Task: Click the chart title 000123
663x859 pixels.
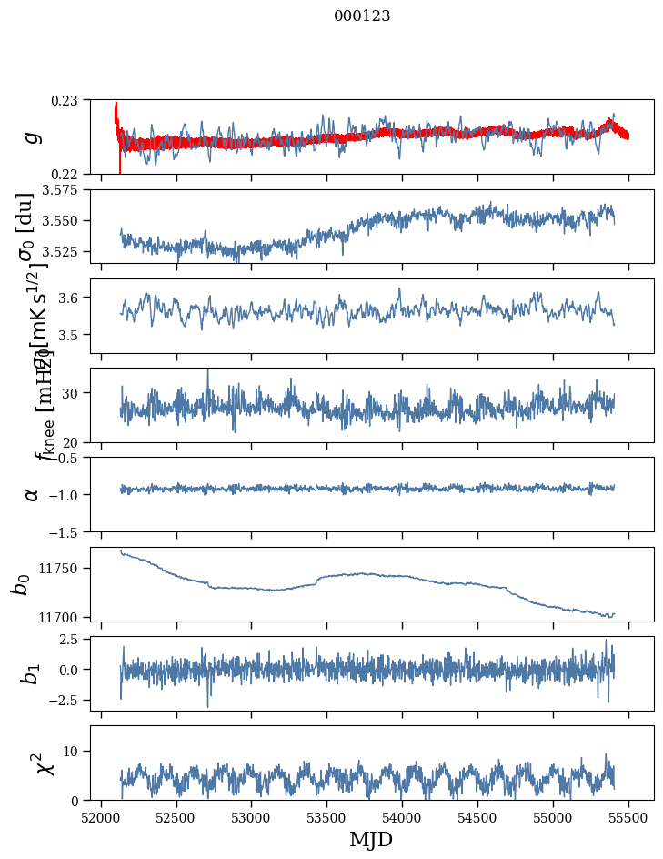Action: click(x=362, y=16)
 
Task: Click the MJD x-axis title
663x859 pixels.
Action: click(x=371, y=840)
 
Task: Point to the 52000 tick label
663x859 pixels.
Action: click(x=101, y=817)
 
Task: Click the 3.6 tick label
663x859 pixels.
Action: click(x=72, y=298)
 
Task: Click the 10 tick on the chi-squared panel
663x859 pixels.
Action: click(x=72, y=751)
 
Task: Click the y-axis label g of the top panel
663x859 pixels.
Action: click(x=33, y=136)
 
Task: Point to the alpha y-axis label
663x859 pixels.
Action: click(x=33, y=493)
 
